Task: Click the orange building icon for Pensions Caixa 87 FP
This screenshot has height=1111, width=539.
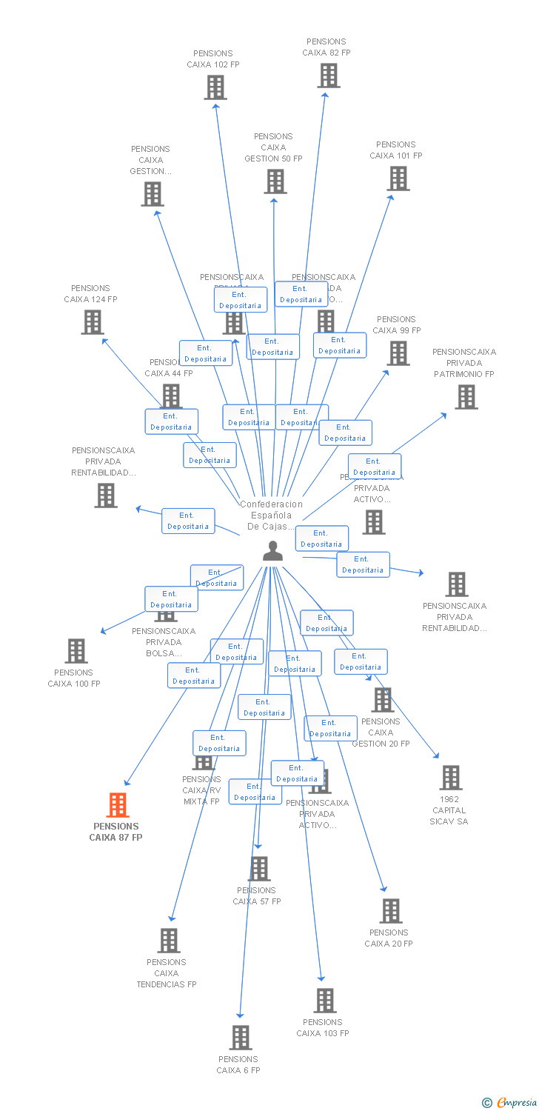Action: [x=118, y=804]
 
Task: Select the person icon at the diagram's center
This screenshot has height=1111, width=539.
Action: [x=273, y=551]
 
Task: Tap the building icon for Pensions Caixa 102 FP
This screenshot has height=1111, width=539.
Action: [x=215, y=87]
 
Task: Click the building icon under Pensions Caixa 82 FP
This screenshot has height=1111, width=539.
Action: [x=329, y=76]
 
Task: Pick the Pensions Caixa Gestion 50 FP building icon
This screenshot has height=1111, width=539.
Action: [x=275, y=181]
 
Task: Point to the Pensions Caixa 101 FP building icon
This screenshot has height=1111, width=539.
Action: [x=398, y=179]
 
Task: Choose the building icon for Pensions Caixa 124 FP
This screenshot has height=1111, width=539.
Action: [x=93, y=322]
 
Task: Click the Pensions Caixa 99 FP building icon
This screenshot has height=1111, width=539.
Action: [x=399, y=353]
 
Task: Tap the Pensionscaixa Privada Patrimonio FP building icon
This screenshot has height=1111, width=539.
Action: [x=466, y=397]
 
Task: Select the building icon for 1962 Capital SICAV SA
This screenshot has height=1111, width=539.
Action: [x=451, y=778]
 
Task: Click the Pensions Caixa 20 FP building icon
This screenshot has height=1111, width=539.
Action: [x=391, y=911]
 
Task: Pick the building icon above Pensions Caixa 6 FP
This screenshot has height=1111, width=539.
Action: [x=241, y=1038]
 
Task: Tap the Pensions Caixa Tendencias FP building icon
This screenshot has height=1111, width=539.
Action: [x=169, y=941]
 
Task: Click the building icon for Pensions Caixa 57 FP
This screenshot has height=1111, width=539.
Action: [x=259, y=869]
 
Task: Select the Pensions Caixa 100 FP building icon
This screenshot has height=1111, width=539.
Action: [x=76, y=651]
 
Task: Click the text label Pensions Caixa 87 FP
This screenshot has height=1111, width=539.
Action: [x=115, y=832]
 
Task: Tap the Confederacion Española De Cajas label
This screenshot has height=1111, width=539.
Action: [x=271, y=516]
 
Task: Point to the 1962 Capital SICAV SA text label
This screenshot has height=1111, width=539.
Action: [x=450, y=810]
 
